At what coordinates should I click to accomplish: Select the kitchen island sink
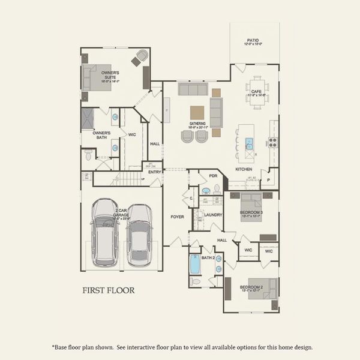pos(248,143)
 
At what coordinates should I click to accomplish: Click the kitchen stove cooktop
pos(272,143)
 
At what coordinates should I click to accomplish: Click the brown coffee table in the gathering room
pos(197,112)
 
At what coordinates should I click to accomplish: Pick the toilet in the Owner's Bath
pos(88,155)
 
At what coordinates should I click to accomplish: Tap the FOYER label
pos(177,217)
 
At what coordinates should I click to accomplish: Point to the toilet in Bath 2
pos(195,280)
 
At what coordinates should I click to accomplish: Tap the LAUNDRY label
pos(212,214)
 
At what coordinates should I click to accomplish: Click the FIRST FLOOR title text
pos(108,290)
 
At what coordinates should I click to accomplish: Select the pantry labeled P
pos(268,179)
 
